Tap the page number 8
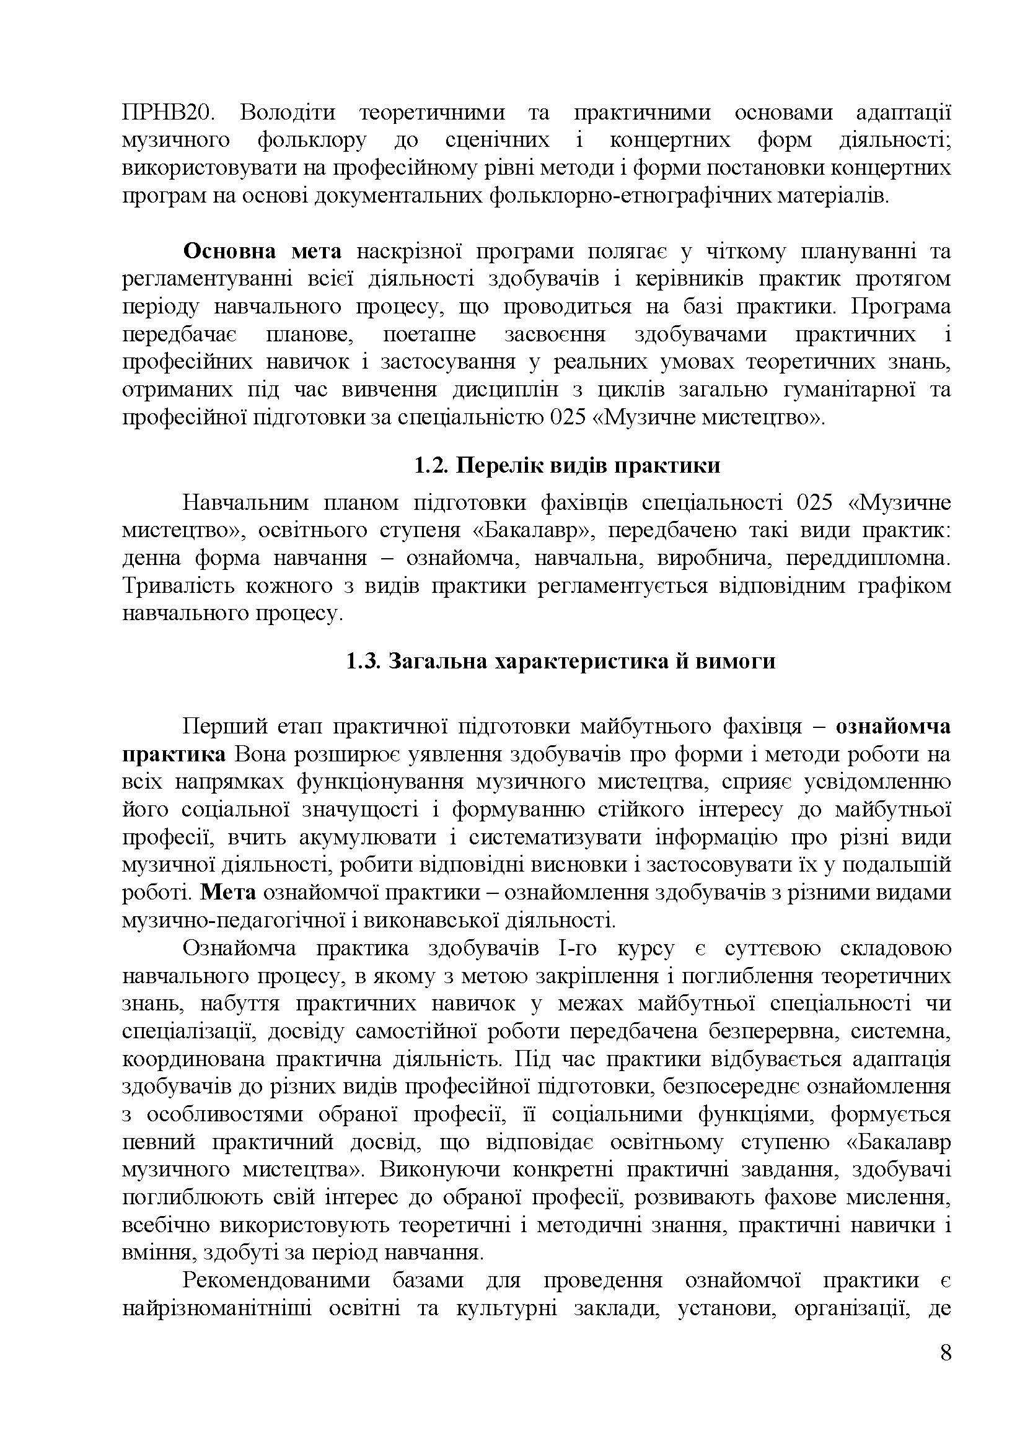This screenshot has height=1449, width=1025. point(946,1371)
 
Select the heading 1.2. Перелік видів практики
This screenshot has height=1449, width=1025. point(567,466)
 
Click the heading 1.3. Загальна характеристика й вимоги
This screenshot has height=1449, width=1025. point(560,661)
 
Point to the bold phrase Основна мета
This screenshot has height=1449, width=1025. point(262,251)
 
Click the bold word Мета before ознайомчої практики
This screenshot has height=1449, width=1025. point(229,892)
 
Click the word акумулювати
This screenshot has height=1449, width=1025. point(367,837)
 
